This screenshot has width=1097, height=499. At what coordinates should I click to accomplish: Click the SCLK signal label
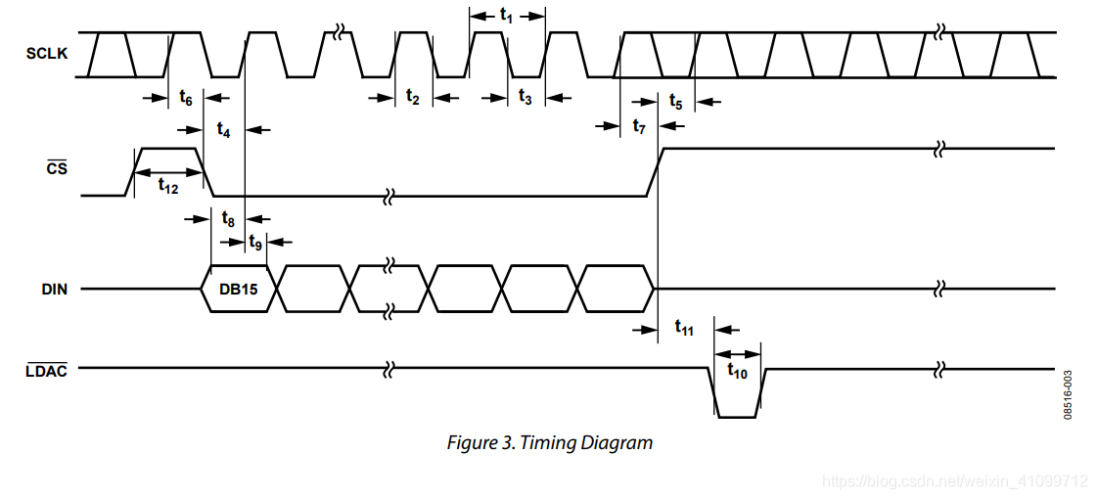(x=47, y=53)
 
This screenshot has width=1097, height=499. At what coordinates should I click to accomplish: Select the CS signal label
(x=57, y=168)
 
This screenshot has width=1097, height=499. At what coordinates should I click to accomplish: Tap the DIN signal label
(x=55, y=289)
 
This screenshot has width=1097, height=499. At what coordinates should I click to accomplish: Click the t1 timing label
(x=507, y=16)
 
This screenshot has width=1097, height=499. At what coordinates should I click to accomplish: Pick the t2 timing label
(x=413, y=97)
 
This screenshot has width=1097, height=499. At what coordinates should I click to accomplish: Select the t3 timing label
(x=526, y=97)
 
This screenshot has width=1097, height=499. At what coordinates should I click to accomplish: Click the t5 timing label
(x=676, y=101)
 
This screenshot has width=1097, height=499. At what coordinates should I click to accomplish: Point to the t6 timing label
(x=186, y=98)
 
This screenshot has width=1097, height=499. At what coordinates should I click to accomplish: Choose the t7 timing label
(x=639, y=126)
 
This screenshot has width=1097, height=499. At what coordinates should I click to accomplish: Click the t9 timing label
(x=255, y=241)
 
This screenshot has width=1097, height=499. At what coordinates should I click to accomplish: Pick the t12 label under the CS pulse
(x=168, y=187)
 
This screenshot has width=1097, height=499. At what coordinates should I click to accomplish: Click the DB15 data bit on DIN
(x=238, y=290)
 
